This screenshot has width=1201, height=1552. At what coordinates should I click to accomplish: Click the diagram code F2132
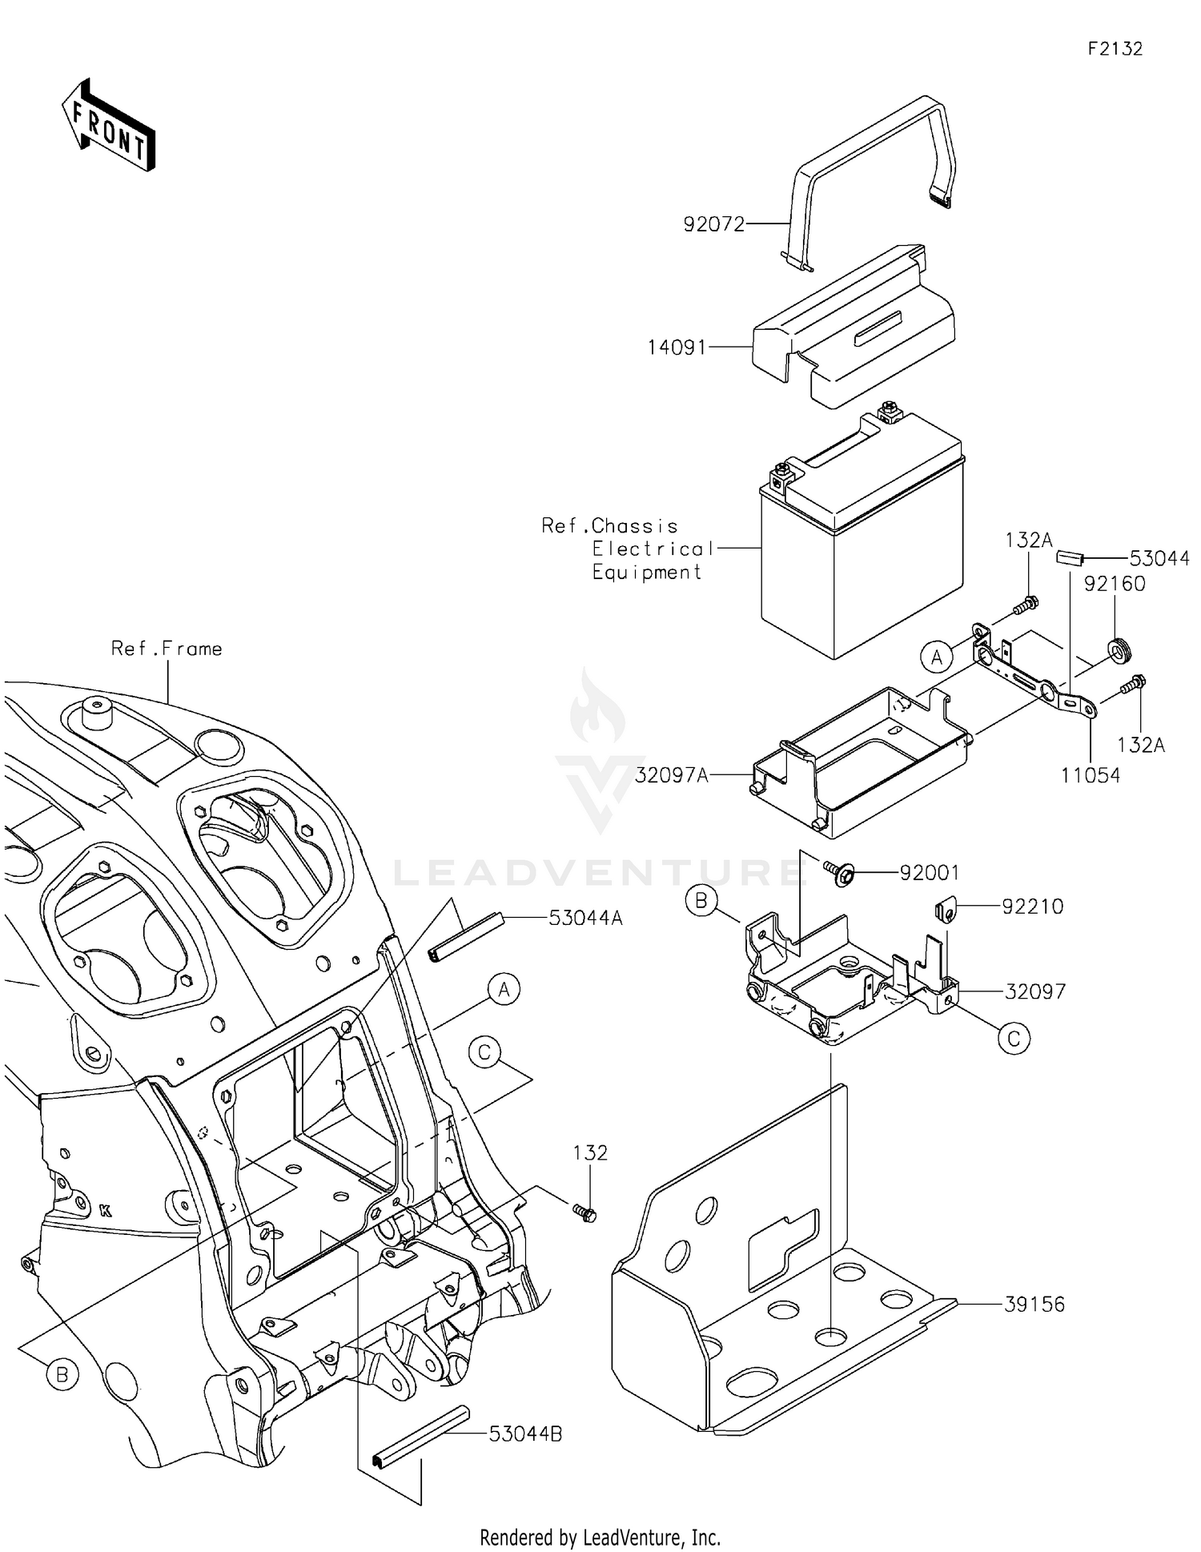[x=1115, y=49]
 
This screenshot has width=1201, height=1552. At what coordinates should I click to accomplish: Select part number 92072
[x=713, y=224]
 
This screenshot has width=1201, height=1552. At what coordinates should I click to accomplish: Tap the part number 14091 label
[x=677, y=348]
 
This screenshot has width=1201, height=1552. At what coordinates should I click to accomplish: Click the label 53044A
[x=585, y=919]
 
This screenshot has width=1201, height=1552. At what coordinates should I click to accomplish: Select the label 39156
[x=1034, y=1305]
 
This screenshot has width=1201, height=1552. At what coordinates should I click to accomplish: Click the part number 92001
[x=929, y=873]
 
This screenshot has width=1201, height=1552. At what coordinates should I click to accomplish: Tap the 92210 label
[x=1033, y=907]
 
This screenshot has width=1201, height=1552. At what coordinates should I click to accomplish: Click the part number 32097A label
[x=672, y=775]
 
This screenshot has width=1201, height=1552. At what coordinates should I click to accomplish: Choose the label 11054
[x=1091, y=775]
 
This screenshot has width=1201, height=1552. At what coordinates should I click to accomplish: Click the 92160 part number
[x=1115, y=584]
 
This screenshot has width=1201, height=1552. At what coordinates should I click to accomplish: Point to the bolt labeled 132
[x=585, y=1213]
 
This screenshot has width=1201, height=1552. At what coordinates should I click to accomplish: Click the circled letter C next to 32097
[x=1014, y=1039]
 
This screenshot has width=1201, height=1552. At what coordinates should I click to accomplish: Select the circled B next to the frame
[x=62, y=1376]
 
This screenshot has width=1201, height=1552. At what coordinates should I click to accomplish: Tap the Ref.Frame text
[x=167, y=649]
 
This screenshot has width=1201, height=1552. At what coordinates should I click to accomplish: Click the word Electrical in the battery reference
[x=653, y=549]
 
